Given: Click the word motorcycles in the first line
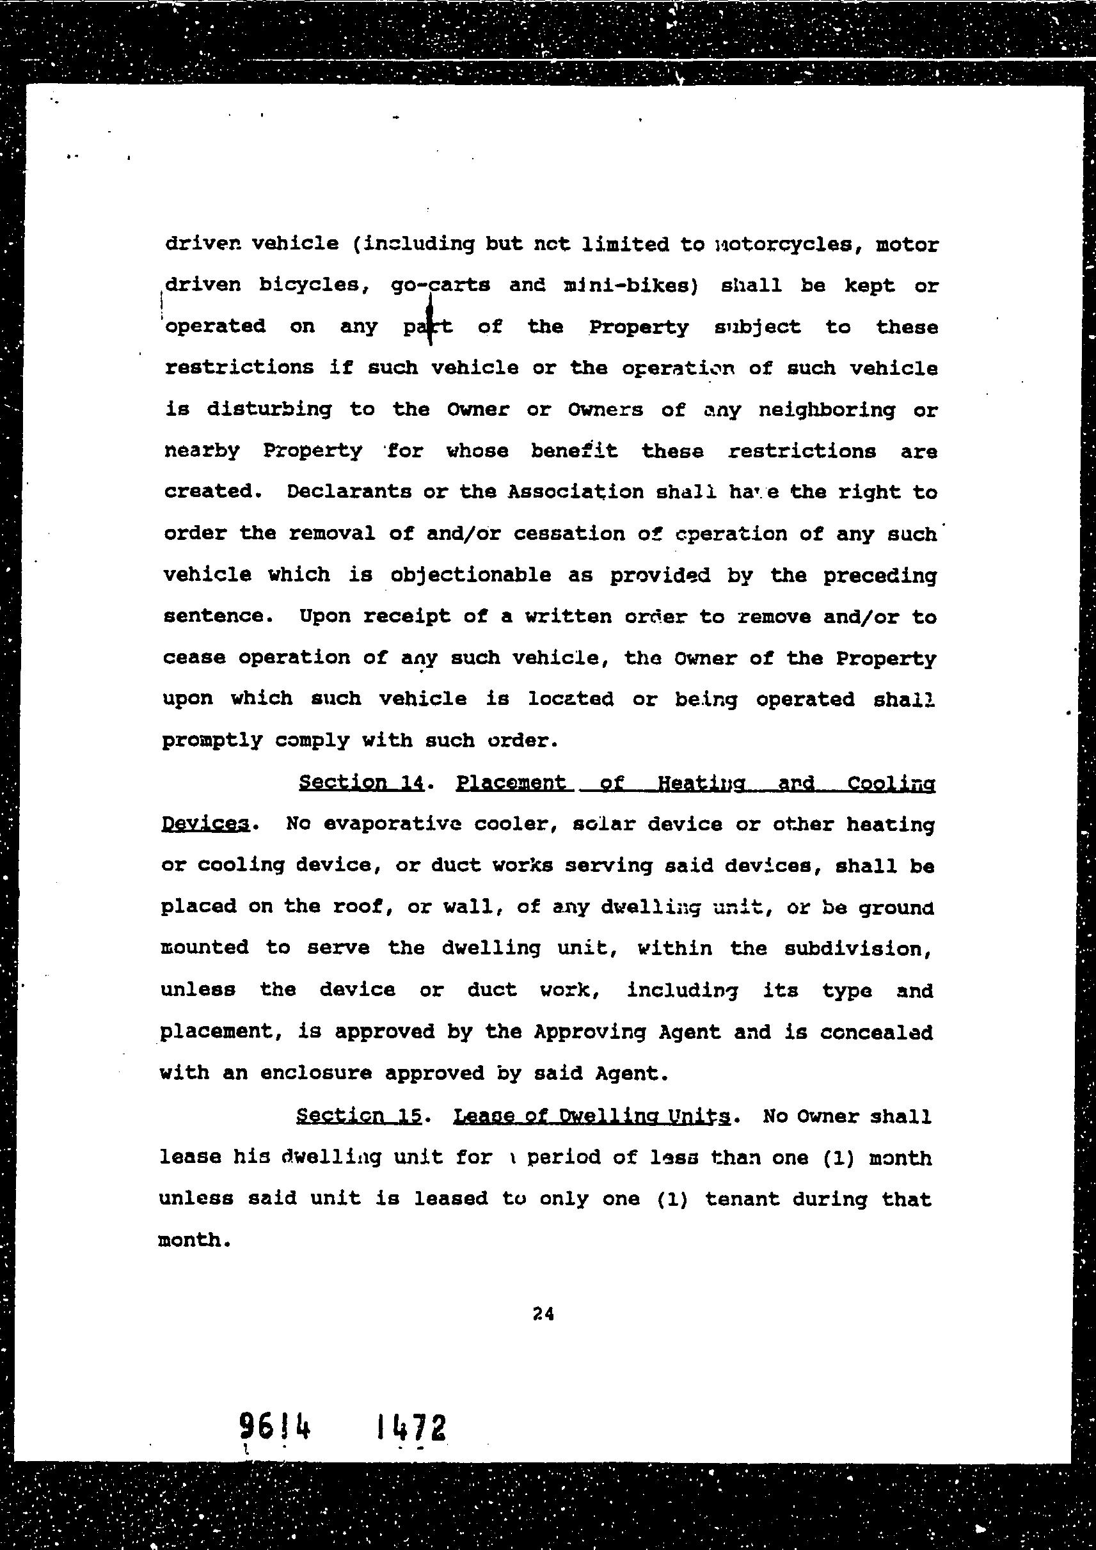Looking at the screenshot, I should [x=783, y=244].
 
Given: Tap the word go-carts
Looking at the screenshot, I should [x=440, y=285].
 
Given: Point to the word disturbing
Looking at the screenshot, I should [x=269, y=409].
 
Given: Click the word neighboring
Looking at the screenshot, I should [x=827, y=410].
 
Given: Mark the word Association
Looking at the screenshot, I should [x=575, y=491].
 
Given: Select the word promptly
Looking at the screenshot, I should [x=211, y=741].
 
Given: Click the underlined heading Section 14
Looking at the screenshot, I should [x=361, y=782].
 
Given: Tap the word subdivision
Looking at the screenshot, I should [x=857, y=949].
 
